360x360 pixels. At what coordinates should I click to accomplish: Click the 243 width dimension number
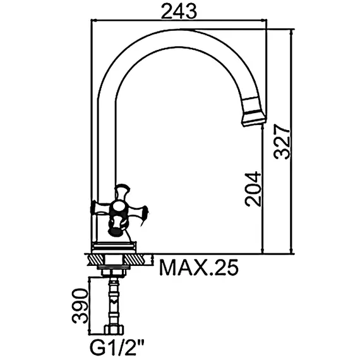click(x=179, y=11)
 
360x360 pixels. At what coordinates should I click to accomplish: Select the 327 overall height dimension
click(x=282, y=141)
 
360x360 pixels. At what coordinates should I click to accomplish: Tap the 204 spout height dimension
click(x=253, y=189)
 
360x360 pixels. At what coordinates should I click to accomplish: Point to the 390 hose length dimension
click(x=80, y=306)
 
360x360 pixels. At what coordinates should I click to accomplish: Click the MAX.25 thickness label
click(x=199, y=268)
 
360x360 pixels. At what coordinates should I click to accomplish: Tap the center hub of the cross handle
click(x=117, y=208)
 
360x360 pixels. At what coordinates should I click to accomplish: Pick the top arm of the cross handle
click(x=122, y=192)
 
